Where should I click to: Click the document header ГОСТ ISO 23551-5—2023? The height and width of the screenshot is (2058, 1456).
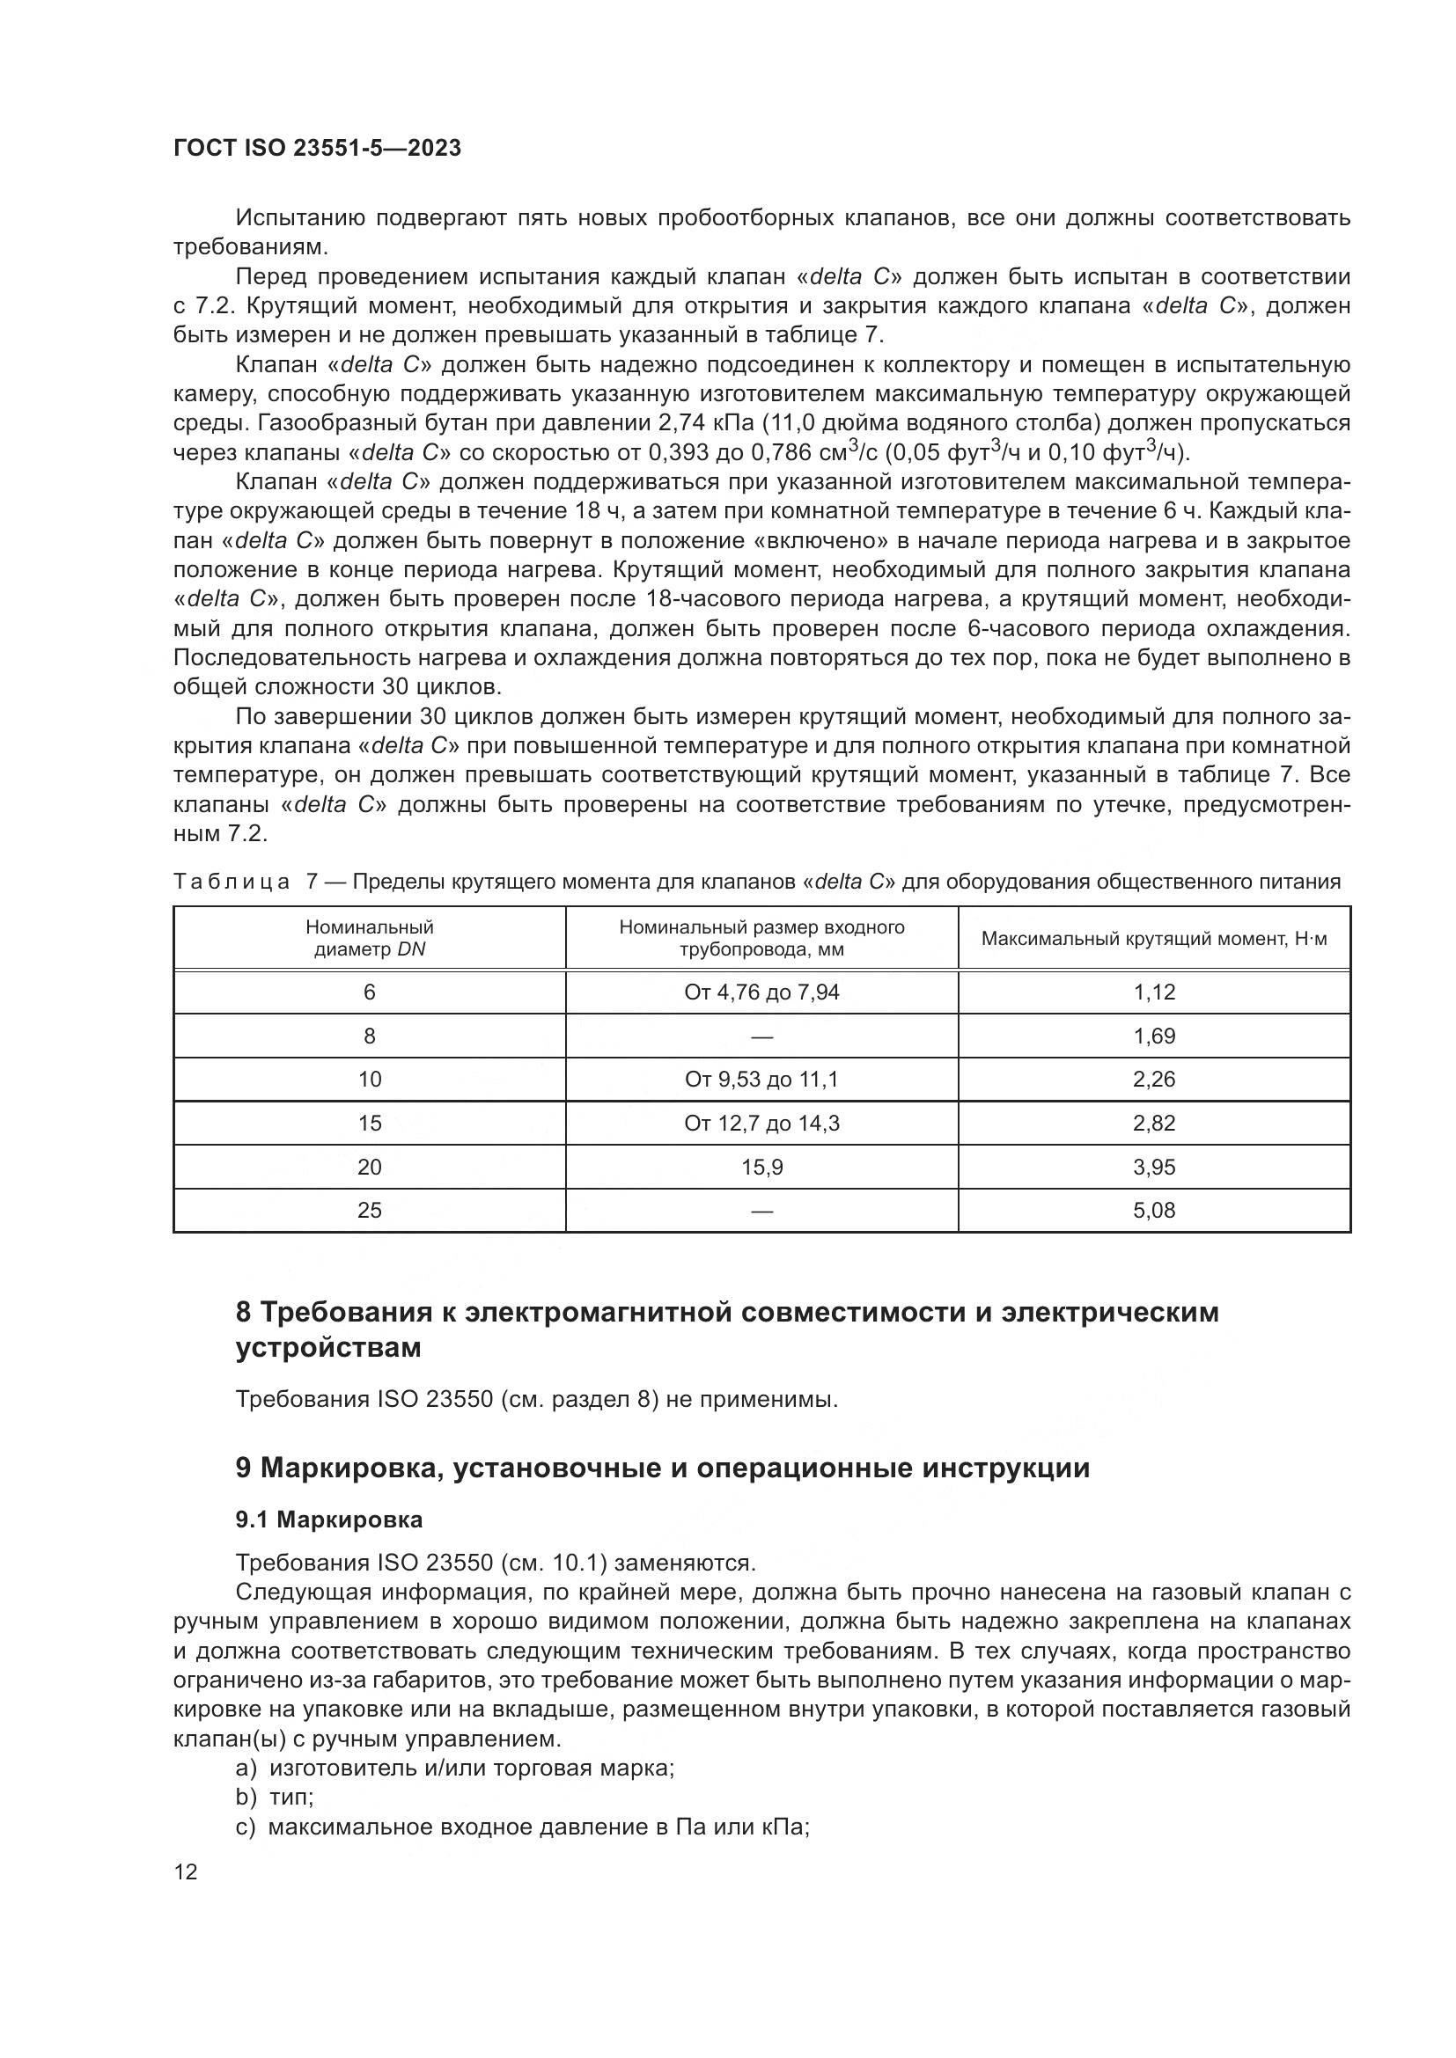(x=318, y=148)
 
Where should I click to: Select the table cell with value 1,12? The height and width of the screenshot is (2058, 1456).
(x=1154, y=992)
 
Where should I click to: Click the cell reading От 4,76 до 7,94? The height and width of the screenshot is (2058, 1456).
(x=761, y=992)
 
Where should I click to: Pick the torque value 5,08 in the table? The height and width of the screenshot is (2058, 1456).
(x=1154, y=1210)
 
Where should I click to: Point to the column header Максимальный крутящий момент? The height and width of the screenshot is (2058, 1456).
(x=1154, y=939)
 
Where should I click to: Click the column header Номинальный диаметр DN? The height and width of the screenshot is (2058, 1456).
(x=370, y=939)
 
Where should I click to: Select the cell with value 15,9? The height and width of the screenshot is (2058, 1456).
(x=761, y=1167)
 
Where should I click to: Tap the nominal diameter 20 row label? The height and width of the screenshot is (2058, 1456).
(x=370, y=1167)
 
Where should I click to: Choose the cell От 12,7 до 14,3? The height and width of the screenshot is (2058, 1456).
(x=761, y=1123)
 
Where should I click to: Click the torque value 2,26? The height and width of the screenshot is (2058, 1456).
(x=1154, y=1080)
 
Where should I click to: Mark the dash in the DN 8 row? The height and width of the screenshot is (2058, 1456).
(x=761, y=1036)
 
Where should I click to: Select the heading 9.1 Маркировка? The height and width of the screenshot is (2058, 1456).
(x=329, y=1520)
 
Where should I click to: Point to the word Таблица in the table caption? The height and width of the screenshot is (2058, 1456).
(x=232, y=882)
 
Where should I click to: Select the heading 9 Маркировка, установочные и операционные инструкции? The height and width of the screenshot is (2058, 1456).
(x=663, y=1468)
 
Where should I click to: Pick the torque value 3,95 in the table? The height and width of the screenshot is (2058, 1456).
(x=1154, y=1167)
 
